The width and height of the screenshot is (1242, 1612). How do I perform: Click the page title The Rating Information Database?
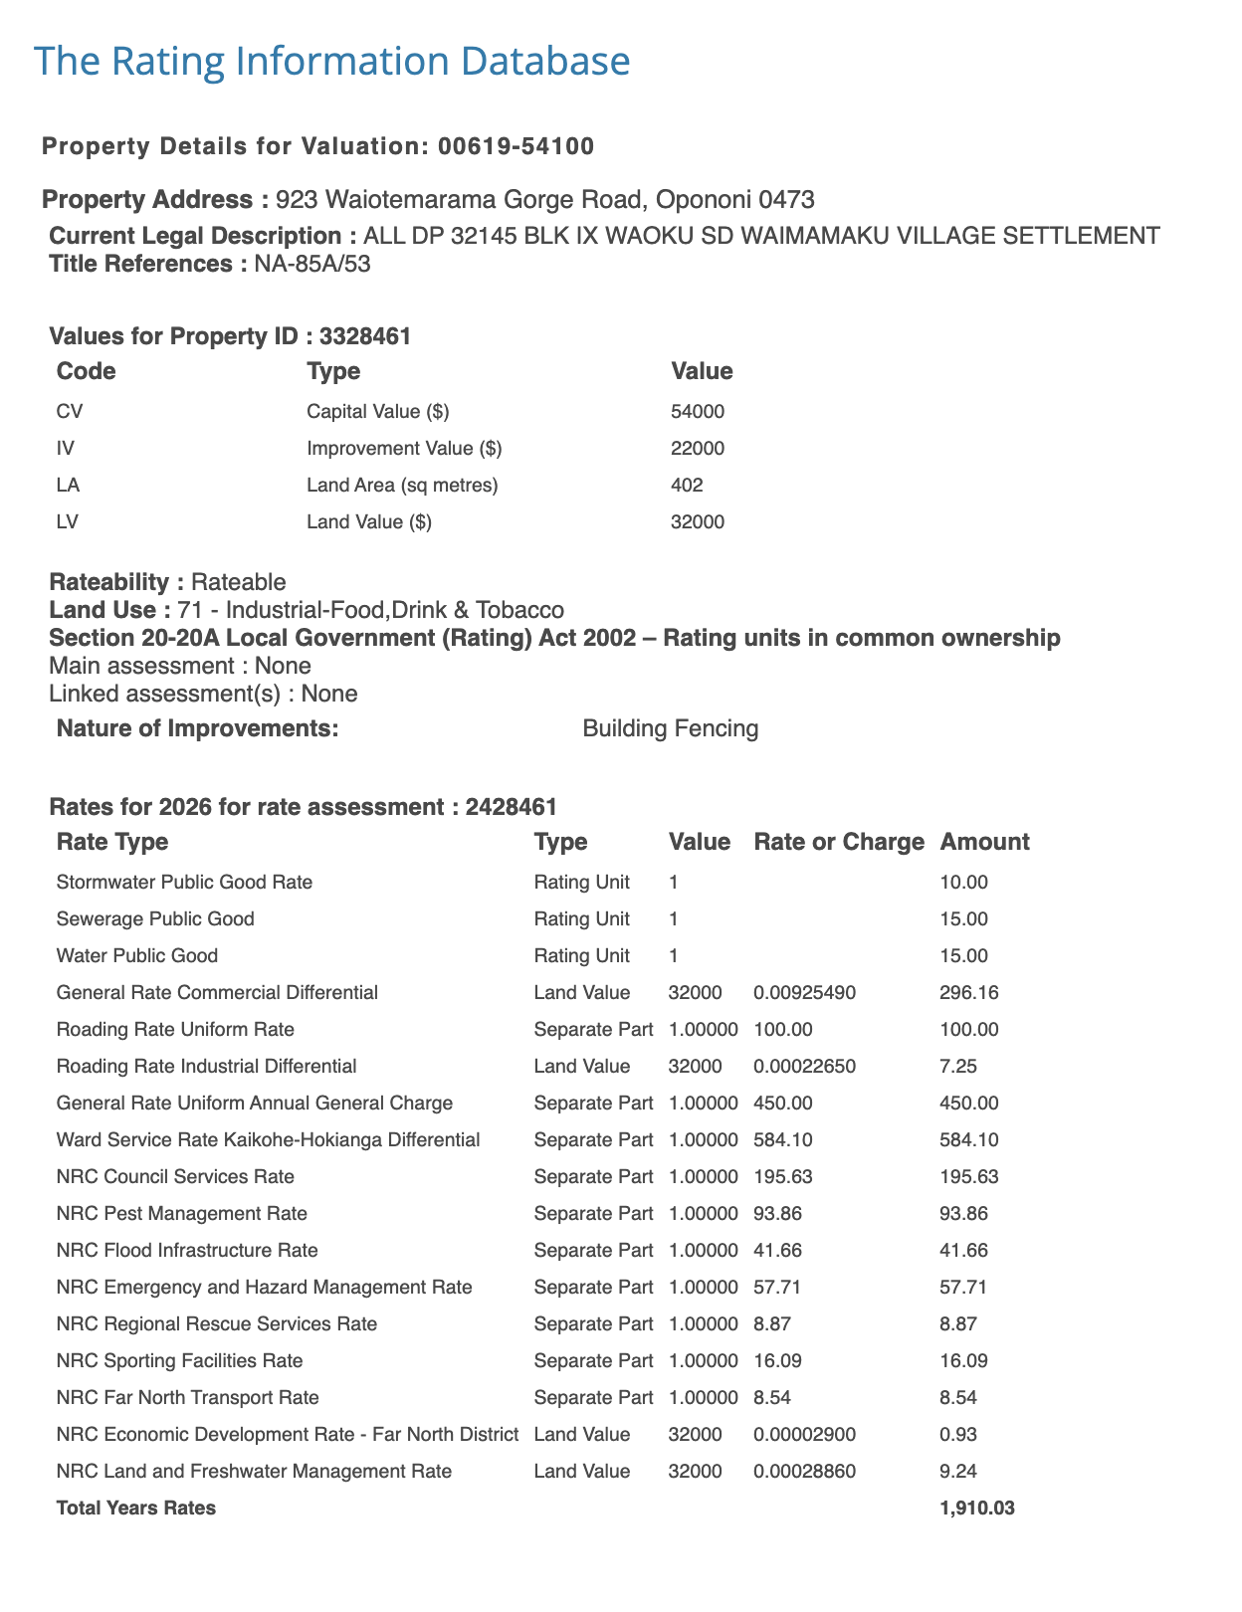(331, 61)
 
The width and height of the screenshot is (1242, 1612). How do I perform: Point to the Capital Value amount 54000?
(698, 411)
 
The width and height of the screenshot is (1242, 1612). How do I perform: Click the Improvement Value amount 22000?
(698, 448)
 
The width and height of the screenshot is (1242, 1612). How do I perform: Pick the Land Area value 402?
(687, 485)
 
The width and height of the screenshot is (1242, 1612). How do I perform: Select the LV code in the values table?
(69, 521)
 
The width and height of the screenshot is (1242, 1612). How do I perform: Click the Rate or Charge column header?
(839, 842)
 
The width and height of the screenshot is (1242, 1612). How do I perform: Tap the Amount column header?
(983, 842)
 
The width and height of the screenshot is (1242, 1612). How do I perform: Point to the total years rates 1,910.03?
(976, 1508)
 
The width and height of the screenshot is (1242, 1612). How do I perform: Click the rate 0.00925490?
(804, 992)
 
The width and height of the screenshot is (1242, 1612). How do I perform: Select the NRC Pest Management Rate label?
(182, 1213)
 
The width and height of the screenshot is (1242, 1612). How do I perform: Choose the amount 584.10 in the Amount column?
(968, 1139)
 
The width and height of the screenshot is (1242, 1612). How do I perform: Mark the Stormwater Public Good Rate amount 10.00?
(963, 882)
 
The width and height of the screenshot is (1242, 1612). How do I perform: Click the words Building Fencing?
(670, 728)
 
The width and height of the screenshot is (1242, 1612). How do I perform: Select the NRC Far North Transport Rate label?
(188, 1397)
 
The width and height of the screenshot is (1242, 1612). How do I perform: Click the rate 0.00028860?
(804, 1471)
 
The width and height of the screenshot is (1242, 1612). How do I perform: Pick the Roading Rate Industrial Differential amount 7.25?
(957, 1066)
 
